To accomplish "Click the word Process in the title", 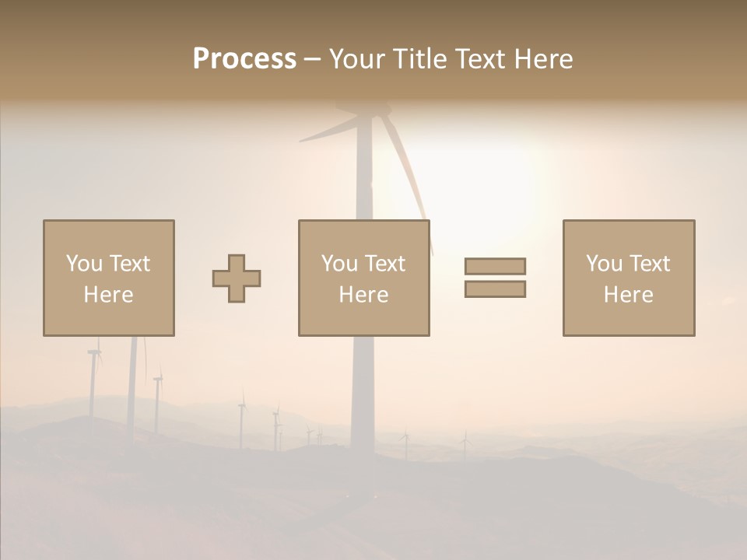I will pyautogui.click(x=244, y=58).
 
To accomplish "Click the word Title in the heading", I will pyautogui.click(x=420, y=58).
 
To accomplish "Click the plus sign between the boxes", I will pyautogui.click(x=237, y=278).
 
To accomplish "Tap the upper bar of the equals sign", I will pyautogui.click(x=495, y=266).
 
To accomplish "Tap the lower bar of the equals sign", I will pyautogui.click(x=495, y=289).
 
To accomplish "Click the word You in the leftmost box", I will pyautogui.click(x=82, y=264).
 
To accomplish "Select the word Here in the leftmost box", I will pyautogui.click(x=108, y=295).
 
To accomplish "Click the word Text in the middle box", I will pyautogui.click(x=384, y=264).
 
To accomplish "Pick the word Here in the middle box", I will pyautogui.click(x=363, y=295).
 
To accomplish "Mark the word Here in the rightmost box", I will pyautogui.click(x=628, y=295).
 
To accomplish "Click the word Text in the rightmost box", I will pyautogui.click(x=648, y=264).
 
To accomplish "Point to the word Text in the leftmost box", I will pyautogui.click(x=128, y=264).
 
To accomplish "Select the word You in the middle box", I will pyautogui.click(x=338, y=264).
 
